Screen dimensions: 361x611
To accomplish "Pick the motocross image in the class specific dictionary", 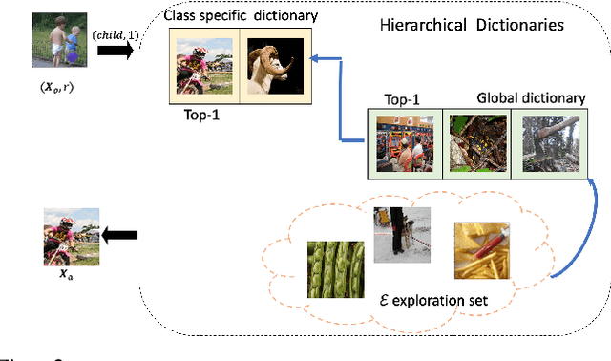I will pos(205,65).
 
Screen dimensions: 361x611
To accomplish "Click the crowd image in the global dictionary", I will pos(406,142).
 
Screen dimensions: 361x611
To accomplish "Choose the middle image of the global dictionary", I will pos(476,142).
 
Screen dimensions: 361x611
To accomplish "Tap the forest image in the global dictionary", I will pos(545,142).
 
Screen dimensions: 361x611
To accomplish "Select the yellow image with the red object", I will pos(481,247).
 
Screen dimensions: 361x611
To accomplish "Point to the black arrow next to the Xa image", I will pos(121,234).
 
